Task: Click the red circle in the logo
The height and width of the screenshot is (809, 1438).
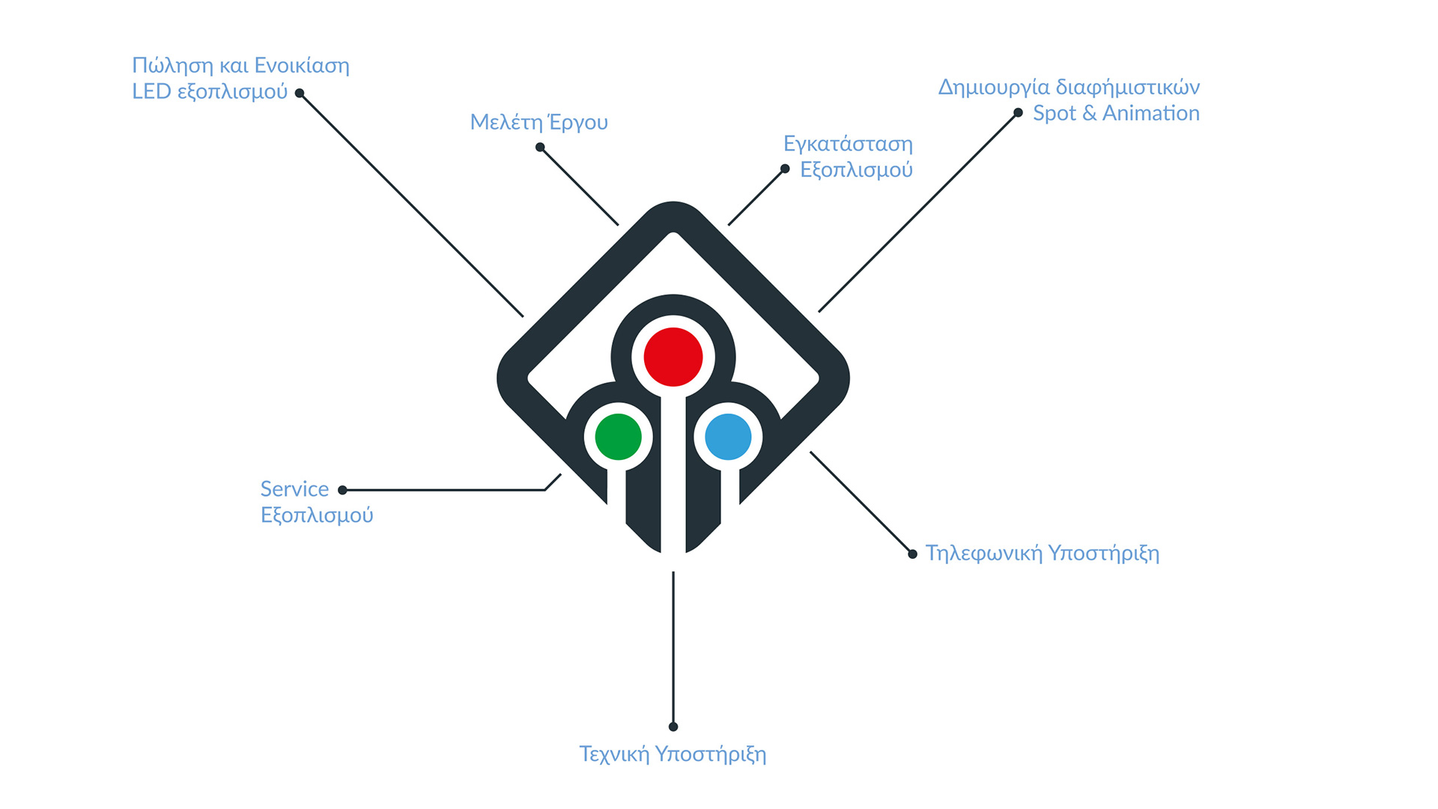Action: [x=673, y=357]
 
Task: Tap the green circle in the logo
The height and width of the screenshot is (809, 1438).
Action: [x=619, y=437]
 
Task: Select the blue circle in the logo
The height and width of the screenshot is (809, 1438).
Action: [x=728, y=437]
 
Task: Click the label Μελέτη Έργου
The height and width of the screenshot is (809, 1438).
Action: [x=539, y=122]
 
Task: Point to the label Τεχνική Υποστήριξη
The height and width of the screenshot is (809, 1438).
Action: [x=673, y=754]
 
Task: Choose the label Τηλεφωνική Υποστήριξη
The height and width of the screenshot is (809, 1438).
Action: [x=1043, y=554]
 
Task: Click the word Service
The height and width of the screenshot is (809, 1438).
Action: [x=294, y=489]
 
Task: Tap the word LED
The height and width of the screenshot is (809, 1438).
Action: [x=151, y=91]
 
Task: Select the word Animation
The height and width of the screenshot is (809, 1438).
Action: [x=1151, y=113]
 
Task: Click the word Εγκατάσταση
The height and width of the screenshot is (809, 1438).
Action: [x=848, y=144]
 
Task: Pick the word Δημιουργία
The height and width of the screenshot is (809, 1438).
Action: [x=994, y=88]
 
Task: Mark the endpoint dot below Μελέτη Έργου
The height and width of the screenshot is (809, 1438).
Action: [x=540, y=148]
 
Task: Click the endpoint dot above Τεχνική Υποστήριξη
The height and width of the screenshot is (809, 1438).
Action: [x=673, y=727]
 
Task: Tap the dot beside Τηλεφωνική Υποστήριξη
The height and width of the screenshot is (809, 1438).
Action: [x=912, y=554]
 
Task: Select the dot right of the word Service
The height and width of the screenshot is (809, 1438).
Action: [x=342, y=490]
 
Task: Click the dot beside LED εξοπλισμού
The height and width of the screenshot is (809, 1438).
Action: [x=300, y=93]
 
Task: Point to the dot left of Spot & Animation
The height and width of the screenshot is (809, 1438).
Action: [x=1018, y=113]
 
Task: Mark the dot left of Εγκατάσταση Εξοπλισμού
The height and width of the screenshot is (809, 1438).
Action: [x=785, y=169]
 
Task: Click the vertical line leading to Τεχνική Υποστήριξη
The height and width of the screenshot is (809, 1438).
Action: [x=673, y=649]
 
